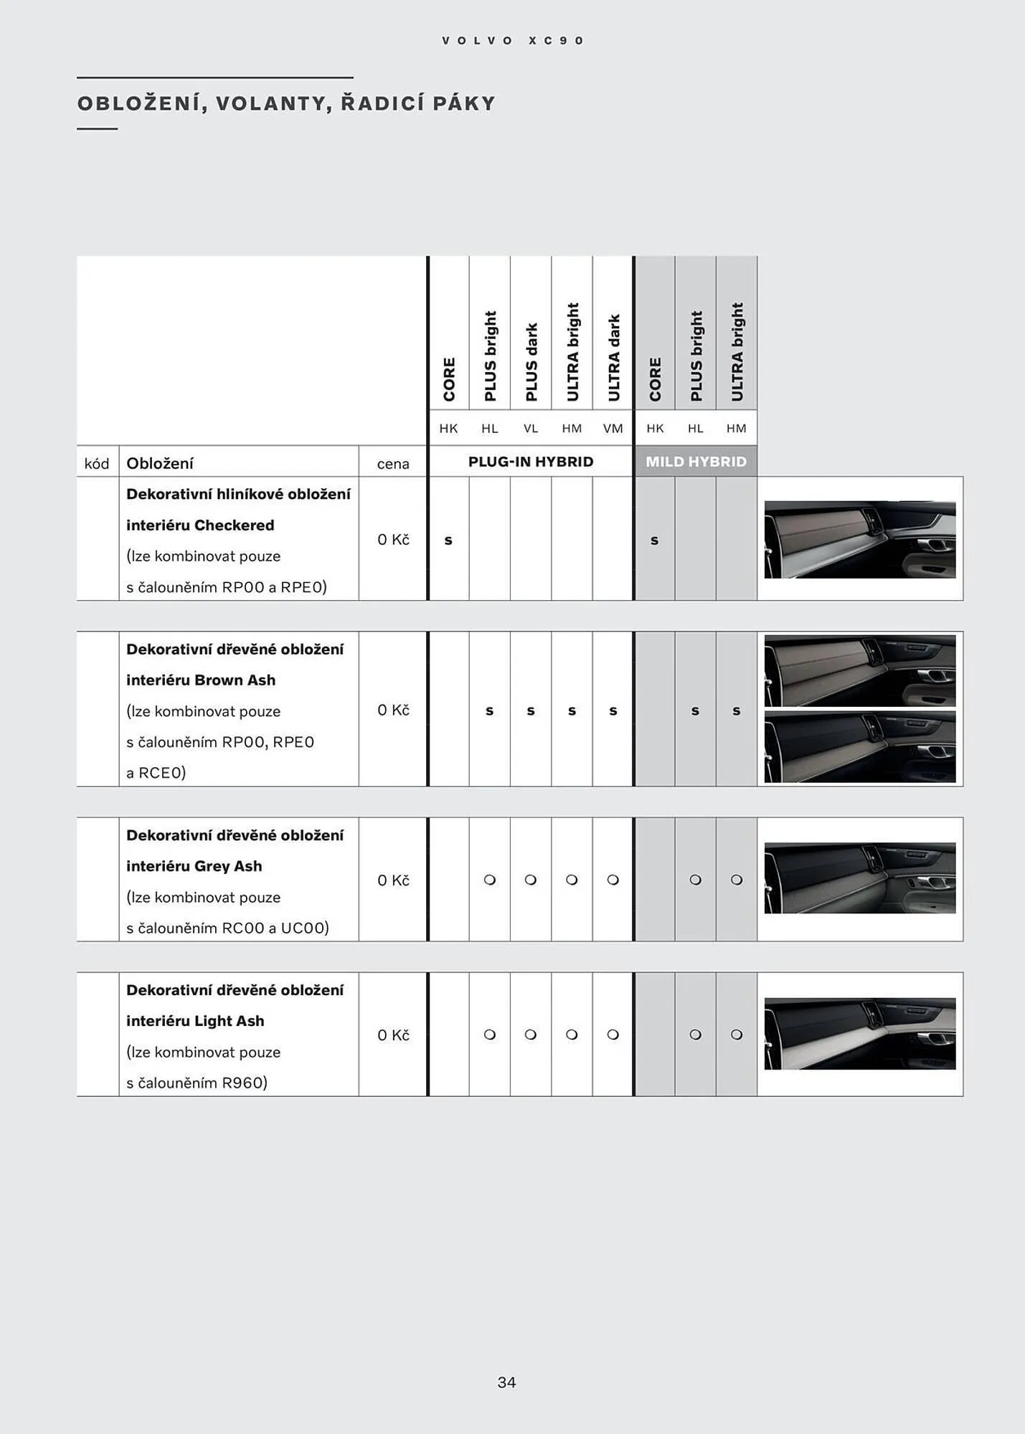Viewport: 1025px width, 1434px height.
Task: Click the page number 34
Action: [x=506, y=1382]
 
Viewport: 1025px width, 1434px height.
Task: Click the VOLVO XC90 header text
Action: [x=513, y=41]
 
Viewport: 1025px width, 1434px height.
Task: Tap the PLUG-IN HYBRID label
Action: [x=531, y=462]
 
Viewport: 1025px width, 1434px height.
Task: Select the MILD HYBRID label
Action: [x=696, y=462]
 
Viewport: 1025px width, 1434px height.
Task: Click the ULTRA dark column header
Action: [x=613, y=357]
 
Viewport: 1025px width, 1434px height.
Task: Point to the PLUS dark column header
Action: [x=531, y=361]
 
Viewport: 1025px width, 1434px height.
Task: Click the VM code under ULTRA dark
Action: [x=613, y=429]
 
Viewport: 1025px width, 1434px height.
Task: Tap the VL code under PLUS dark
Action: [x=531, y=429]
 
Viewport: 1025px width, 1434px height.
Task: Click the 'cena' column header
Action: [x=393, y=464]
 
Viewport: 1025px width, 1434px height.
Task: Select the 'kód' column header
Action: [x=97, y=464]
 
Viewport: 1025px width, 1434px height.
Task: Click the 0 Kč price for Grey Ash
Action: [x=393, y=880]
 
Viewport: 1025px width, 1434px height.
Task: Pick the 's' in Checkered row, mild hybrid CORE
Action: [x=654, y=541]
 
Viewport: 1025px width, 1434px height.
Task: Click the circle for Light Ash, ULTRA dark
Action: [x=613, y=1035]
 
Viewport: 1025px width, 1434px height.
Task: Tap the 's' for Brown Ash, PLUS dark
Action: [x=531, y=711]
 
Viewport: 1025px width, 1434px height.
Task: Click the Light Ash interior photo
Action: [x=859, y=1033]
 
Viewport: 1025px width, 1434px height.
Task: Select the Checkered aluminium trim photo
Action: [x=859, y=539]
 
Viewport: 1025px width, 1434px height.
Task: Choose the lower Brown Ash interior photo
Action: [x=859, y=747]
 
